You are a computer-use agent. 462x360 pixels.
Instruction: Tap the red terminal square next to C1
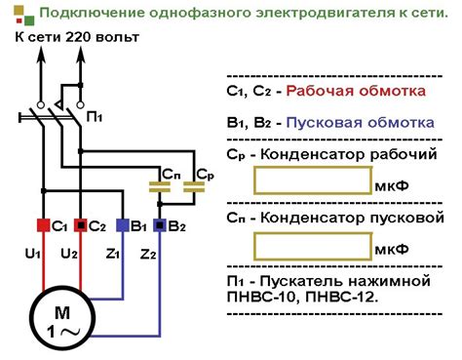click(x=41, y=225)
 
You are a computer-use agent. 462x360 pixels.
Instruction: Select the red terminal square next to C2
click(x=81, y=225)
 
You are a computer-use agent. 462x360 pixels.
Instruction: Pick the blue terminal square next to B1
click(x=121, y=225)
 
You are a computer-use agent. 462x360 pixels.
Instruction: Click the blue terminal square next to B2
click(x=160, y=225)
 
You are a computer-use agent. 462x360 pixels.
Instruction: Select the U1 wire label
click(x=32, y=255)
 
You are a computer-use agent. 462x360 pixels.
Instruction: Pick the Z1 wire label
click(x=114, y=255)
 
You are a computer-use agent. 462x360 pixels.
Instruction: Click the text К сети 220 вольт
click(x=77, y=37)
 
